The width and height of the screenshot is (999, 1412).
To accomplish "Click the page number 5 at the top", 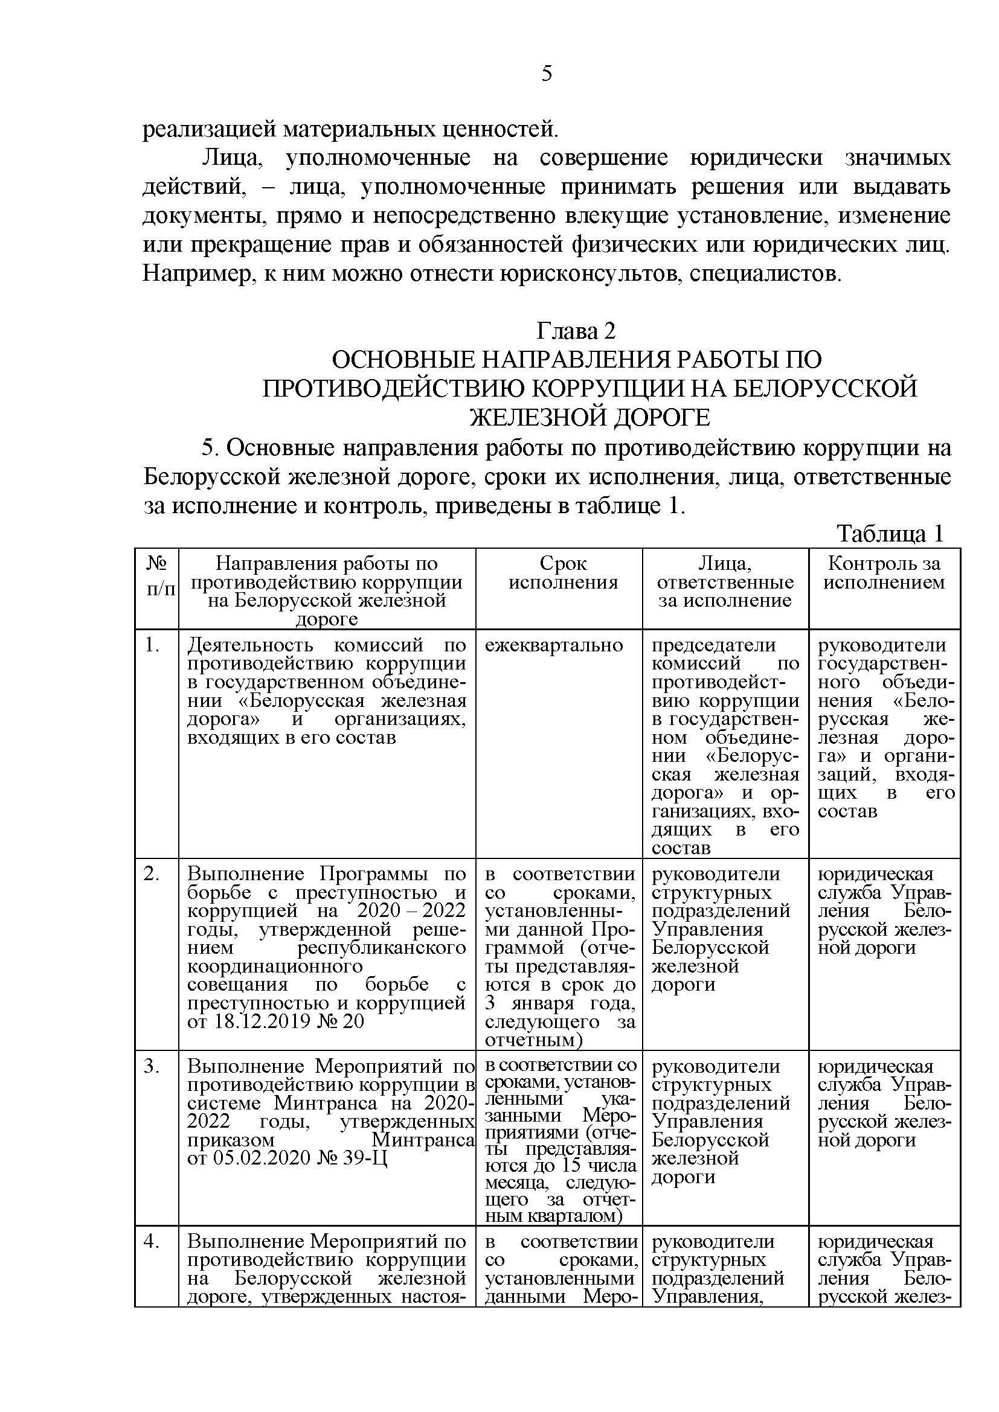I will click(x=547, y=74).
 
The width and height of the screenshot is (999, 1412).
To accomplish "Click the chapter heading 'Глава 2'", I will click(x=576, y=331).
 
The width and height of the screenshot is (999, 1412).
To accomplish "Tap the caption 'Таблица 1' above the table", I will click(x=890, y=533).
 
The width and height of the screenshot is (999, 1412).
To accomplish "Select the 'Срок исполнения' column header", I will click(x=563, y=572).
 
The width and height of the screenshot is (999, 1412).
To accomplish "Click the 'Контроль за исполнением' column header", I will click(x=884, y=572).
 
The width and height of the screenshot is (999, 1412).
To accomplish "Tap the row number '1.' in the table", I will click(x=152, y=645).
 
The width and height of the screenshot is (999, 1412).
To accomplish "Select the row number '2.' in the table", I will click(x=152, y=874).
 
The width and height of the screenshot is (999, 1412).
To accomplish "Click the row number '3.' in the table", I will click(x=152, y=1065).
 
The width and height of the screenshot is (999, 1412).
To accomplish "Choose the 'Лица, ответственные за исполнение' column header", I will click(x=725, y=582).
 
